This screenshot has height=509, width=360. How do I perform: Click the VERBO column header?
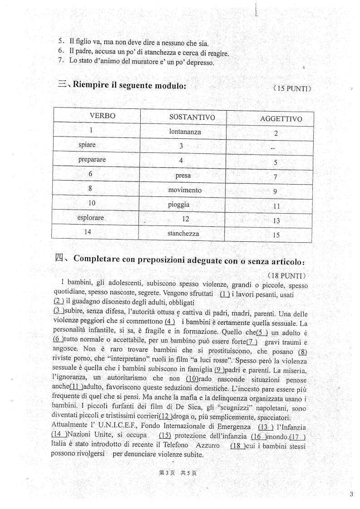103,116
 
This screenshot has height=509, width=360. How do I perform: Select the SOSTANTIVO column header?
192,117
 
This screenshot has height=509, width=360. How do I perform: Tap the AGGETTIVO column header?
281,119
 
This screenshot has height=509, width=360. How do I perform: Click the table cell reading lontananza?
184,132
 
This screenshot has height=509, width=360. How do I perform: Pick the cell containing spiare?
87,145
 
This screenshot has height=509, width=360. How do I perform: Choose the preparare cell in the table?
92,160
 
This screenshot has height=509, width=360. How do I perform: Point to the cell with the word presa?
183,175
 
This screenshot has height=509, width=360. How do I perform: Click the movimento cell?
184,190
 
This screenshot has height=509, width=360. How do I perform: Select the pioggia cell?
179,205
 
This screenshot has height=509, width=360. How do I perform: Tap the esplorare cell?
90,218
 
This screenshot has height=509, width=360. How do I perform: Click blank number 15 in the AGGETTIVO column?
276,235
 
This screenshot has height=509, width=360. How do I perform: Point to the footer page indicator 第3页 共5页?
178,473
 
